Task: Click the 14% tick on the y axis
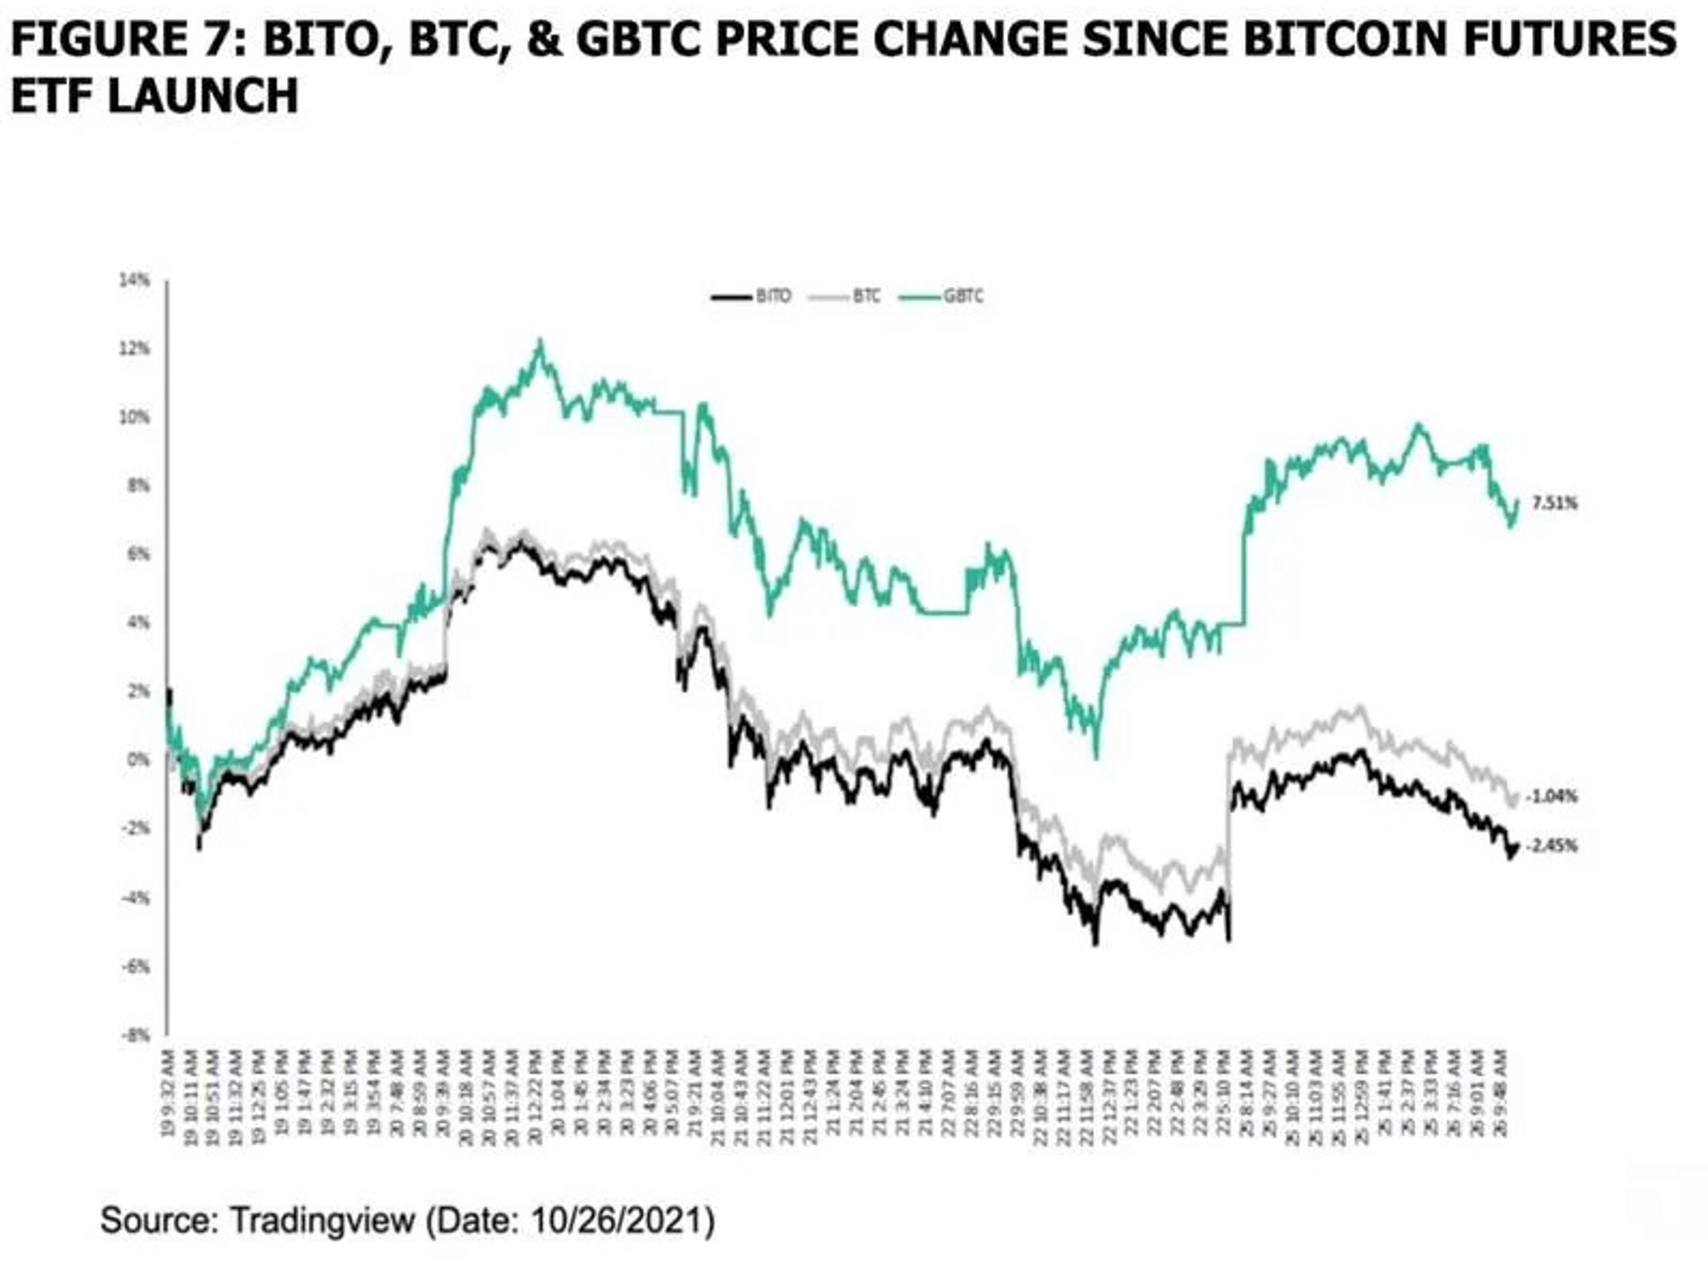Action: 135,279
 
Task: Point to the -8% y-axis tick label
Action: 135,1035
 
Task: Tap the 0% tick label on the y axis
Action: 137,759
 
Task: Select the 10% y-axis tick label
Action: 135,417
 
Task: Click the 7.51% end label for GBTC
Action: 1554,503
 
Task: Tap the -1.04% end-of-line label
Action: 1551,796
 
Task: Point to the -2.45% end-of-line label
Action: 1551,846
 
